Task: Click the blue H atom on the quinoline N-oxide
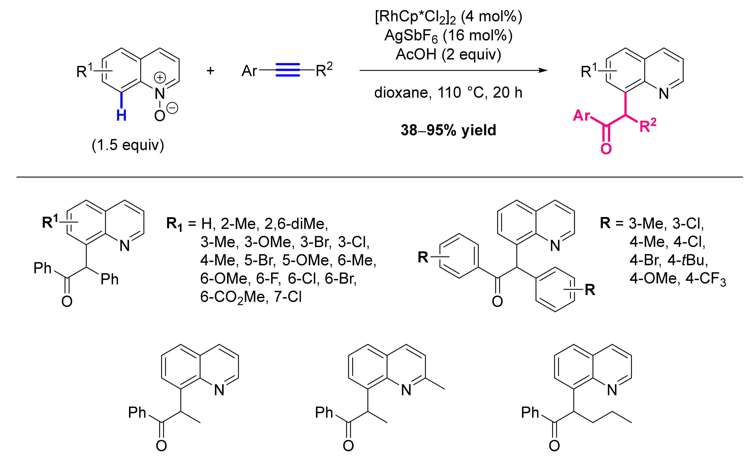[x=121, y=115]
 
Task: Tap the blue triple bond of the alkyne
[x=287, y=70]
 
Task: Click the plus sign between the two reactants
[x=210, y=71]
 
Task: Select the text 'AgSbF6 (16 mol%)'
[x=448, y=36]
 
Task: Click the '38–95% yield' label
[x=448, y=130]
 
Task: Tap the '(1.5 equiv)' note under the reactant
[x=128, y=145]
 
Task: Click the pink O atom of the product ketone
[x=606, y=149]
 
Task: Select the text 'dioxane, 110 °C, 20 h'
[x=448, y=92]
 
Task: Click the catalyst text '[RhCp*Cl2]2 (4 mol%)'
[x=448, y=17]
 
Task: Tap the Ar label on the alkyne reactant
[x=249, y=71]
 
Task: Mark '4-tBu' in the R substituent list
[x=688, y=260]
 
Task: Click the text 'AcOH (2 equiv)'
[x=448, y=55]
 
